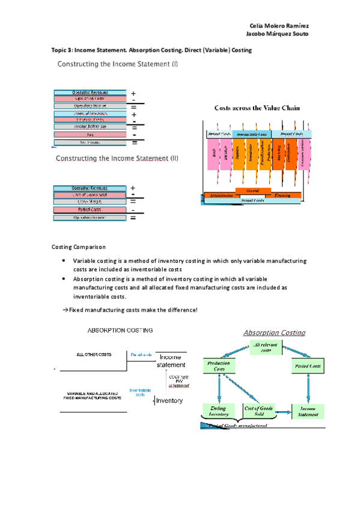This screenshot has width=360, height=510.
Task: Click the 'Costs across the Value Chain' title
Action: tap(257, 108)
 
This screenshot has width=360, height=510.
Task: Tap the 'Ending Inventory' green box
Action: tap(214, 411)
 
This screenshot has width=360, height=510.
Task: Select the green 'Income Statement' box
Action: tap(308, 411)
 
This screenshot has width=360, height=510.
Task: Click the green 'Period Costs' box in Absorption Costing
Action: tap(308, 365)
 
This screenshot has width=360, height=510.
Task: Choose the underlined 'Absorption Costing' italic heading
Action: tap(274, 333)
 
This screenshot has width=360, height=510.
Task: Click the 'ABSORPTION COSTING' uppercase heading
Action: tap(121, 330)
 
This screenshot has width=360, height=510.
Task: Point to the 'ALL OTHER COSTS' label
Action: tap(94, 355)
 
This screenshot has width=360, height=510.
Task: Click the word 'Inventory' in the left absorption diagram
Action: tap(169, 401)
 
